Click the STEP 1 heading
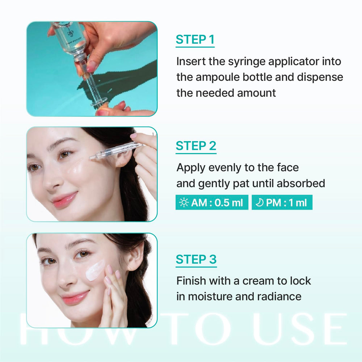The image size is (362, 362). (x=195, y=39)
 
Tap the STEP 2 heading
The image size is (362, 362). (x=196, y=146)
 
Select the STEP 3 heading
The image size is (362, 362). (x=196, y=259)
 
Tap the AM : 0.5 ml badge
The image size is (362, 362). (x=212, y=202)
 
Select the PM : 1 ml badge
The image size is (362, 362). (x=282, y=202)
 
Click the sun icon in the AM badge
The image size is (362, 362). (x=184, y=202)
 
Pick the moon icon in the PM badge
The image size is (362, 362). (x=260, y=202)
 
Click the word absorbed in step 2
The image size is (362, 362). (x=301, y=183)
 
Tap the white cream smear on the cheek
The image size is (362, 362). (x=95, y=270)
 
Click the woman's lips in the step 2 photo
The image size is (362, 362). (x=65, y=199)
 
